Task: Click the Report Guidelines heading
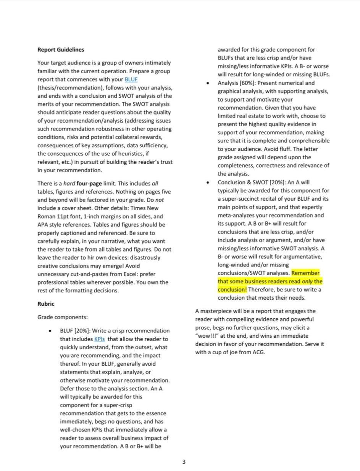tap(61, 50)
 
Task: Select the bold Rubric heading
tap(46, 304)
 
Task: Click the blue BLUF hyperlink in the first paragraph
tap(131, 79)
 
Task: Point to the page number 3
tap(184, 462)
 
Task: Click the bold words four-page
tap(90, 183)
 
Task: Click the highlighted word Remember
tap(305, 273)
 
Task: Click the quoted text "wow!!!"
tap(206, 336)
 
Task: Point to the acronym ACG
tap(258, 352)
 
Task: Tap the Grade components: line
tap(63, 317)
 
